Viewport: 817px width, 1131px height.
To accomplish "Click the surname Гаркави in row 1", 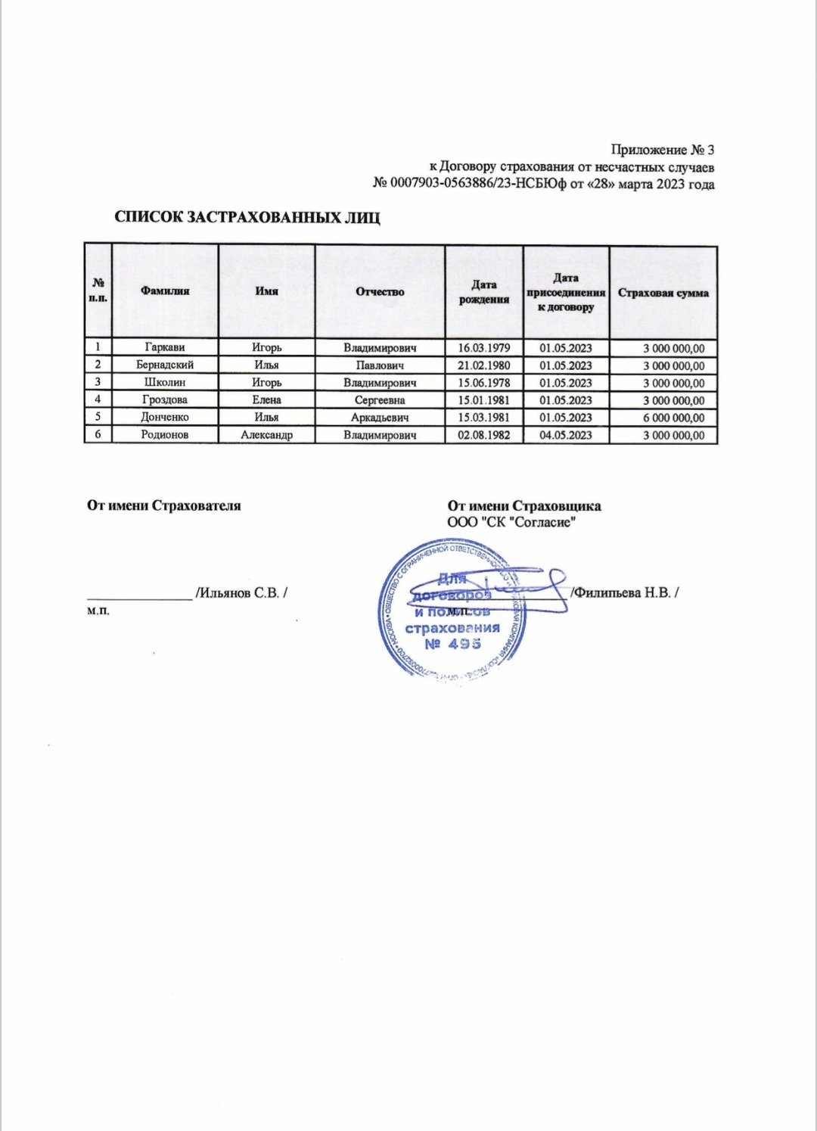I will [x=164, y=348].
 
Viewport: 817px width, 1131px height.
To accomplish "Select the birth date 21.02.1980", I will [x=484, y=365].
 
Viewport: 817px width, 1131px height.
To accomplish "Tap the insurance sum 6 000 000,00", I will [x=673, y=418].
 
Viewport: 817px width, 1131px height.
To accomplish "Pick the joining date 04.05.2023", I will [x=566, y=435].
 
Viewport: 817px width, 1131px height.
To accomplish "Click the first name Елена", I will [x=266, y=400].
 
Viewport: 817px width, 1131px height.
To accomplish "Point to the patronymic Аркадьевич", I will [x=380, y=418].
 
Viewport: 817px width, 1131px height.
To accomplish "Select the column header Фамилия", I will [x=165, y=291].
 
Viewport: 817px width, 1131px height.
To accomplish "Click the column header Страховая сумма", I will [x=663, y=293].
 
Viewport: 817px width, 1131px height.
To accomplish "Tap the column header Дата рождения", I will [x=484, y=292].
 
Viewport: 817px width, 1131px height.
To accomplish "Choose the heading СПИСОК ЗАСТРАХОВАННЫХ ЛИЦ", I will [x=247, y=218].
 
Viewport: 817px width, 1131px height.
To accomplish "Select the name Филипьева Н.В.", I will [x=626, y=593].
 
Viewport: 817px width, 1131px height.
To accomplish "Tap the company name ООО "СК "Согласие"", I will [x=512, y=522].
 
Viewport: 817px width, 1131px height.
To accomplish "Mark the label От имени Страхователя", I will [x=164, y=505].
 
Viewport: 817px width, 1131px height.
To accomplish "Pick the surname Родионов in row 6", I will [x=164, y=435].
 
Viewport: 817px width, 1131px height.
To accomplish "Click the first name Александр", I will [x=266, y=435].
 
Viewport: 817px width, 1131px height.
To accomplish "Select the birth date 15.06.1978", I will [x=484, y=383].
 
